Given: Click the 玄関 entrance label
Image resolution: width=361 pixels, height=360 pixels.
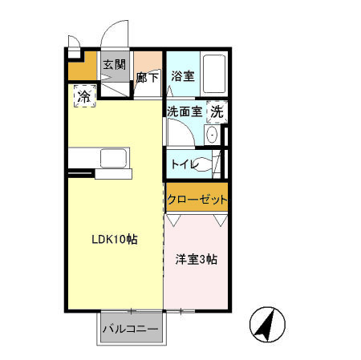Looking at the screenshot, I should pos(113,65).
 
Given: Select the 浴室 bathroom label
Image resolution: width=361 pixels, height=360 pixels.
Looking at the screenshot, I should pos(182,76).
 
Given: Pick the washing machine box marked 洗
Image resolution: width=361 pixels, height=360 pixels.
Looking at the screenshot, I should pos(217,112).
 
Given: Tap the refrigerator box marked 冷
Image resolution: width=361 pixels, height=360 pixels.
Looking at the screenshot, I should pos(83,97).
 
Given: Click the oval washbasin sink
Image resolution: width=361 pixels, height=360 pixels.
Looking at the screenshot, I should pos(212,136).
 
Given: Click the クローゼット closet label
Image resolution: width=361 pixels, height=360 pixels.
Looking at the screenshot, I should pos(197,199).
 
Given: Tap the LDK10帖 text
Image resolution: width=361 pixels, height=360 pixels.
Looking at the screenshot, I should pos(114,239).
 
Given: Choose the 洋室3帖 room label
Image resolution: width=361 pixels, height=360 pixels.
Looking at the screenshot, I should pos(197,259).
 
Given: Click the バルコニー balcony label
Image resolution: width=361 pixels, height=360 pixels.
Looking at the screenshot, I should pos(131,329).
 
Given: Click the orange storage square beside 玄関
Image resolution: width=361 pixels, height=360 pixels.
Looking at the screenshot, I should pos(82,70).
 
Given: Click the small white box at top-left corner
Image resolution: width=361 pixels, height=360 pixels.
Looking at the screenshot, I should pos(74,54).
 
